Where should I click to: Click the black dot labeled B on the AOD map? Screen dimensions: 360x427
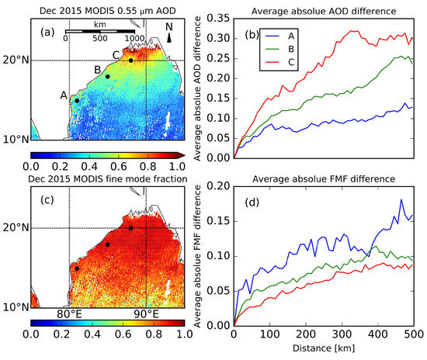pos(108,76)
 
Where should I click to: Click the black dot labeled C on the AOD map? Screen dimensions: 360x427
pos(131,60)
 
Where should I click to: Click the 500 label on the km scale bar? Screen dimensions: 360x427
pos(100,37)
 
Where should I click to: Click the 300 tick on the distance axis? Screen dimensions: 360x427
pos(342,333)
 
